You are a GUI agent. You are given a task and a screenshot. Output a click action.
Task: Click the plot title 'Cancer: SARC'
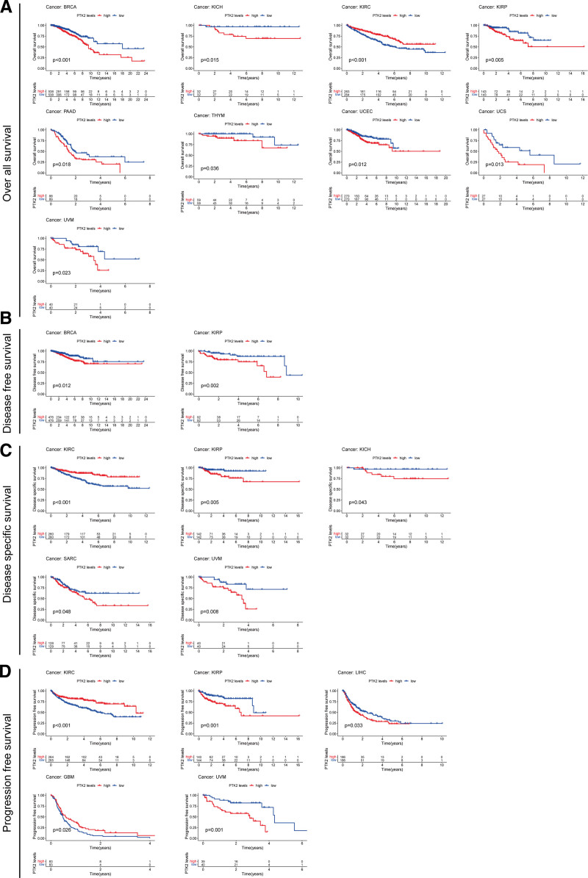(61, 556)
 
